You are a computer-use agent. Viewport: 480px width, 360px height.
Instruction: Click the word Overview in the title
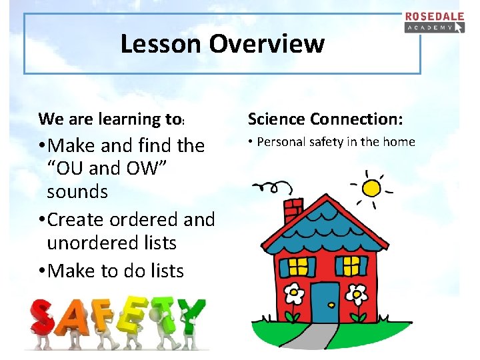coord(267,44)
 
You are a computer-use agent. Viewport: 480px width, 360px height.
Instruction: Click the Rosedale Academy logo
coord(434,22)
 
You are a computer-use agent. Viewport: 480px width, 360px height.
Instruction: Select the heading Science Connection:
coord(325,119)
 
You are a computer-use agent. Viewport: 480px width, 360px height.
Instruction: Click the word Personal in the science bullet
coord(280,142)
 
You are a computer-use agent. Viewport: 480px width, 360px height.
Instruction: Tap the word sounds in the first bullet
coord(77,192)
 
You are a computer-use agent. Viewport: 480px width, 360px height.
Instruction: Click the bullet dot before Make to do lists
coord(43,271)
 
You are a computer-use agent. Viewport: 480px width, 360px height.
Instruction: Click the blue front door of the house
coord(325,302)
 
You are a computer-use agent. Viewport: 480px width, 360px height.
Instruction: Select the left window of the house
coord(299,267)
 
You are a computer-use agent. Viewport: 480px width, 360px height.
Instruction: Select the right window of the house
coord(351,267)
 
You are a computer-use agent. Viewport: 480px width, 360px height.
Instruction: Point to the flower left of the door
coord(294,293)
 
